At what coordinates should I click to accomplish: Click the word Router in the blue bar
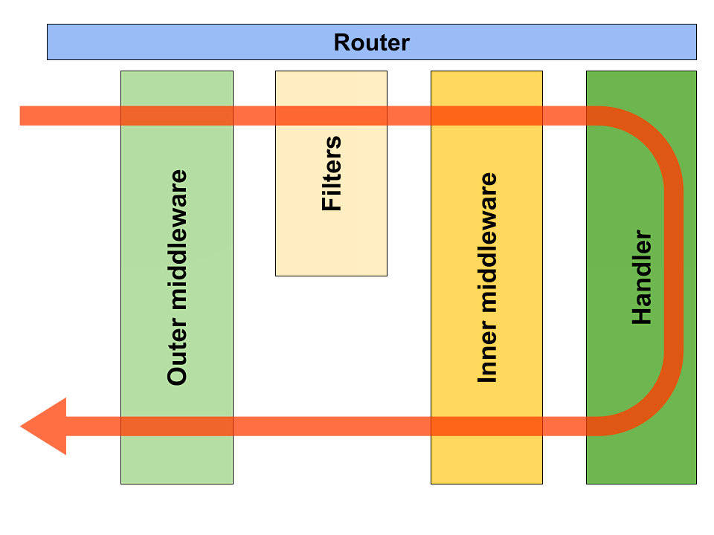tap(371, 42)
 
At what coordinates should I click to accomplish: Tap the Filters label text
tap(332, 173)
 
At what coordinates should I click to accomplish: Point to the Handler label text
tap(641, 277)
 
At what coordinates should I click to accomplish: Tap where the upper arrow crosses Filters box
tap(331, 115)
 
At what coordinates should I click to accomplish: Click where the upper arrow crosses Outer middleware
tap(177, 115)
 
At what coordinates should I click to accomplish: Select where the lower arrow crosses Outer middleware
tap(177, 426)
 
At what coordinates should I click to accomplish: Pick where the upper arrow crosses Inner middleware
tap(486, 115)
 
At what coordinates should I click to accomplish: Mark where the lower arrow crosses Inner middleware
tap(486, 426)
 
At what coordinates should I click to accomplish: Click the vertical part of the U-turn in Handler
tap(673, 271)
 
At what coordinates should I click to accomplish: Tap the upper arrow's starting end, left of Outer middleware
tap(30, 115)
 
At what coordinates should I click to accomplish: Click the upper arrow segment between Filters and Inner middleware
tap(409, 115)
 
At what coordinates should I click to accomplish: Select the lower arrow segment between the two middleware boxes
tap(332, 426)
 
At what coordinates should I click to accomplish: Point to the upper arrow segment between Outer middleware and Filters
tap(254, 115)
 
